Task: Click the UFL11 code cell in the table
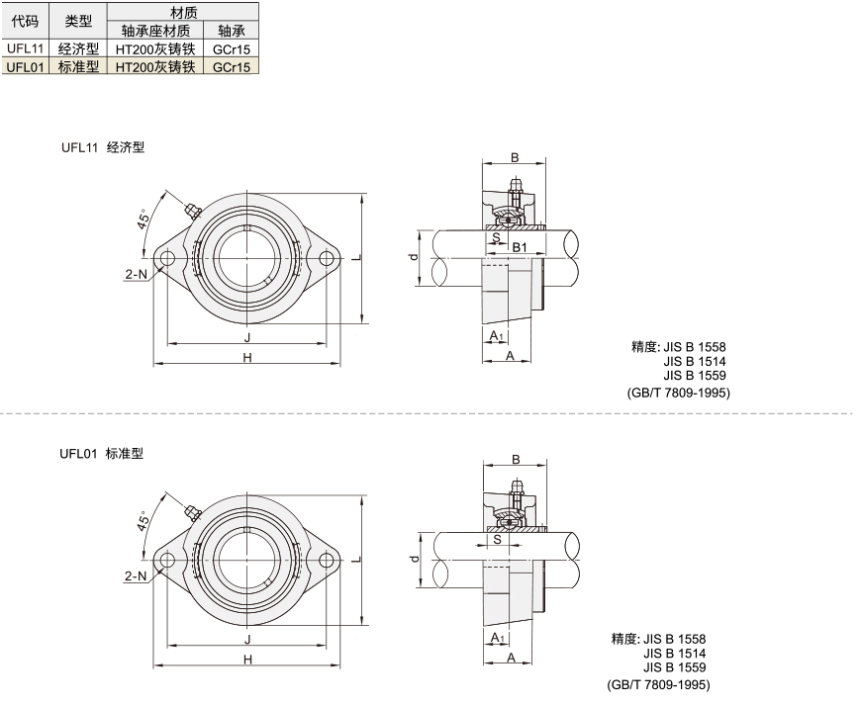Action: click(26, 48)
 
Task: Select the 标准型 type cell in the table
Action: click(78, 66)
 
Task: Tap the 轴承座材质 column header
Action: click(155, 31)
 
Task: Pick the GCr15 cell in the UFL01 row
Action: click(232, 67)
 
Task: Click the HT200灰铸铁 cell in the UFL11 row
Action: click(155, 48)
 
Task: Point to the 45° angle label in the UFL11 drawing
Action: click(143, 219)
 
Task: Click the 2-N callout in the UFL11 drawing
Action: click(137, 273)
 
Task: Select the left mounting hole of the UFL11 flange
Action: click(167, 258)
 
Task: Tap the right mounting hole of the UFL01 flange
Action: click(327, 560)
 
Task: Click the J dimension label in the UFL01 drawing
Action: click(247, 639)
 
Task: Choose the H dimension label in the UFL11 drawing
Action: click(247, 358)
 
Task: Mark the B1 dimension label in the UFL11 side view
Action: click(520, 247)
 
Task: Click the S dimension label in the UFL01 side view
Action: click(498, 539)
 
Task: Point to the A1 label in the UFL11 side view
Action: click(497, 335)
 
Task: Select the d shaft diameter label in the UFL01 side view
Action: click(415, 559)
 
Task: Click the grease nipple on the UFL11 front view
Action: click(192, 210)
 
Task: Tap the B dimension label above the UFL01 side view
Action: click(516, 459)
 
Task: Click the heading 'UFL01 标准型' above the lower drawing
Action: click(102, 454)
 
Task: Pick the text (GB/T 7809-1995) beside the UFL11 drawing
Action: click(679, 393)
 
